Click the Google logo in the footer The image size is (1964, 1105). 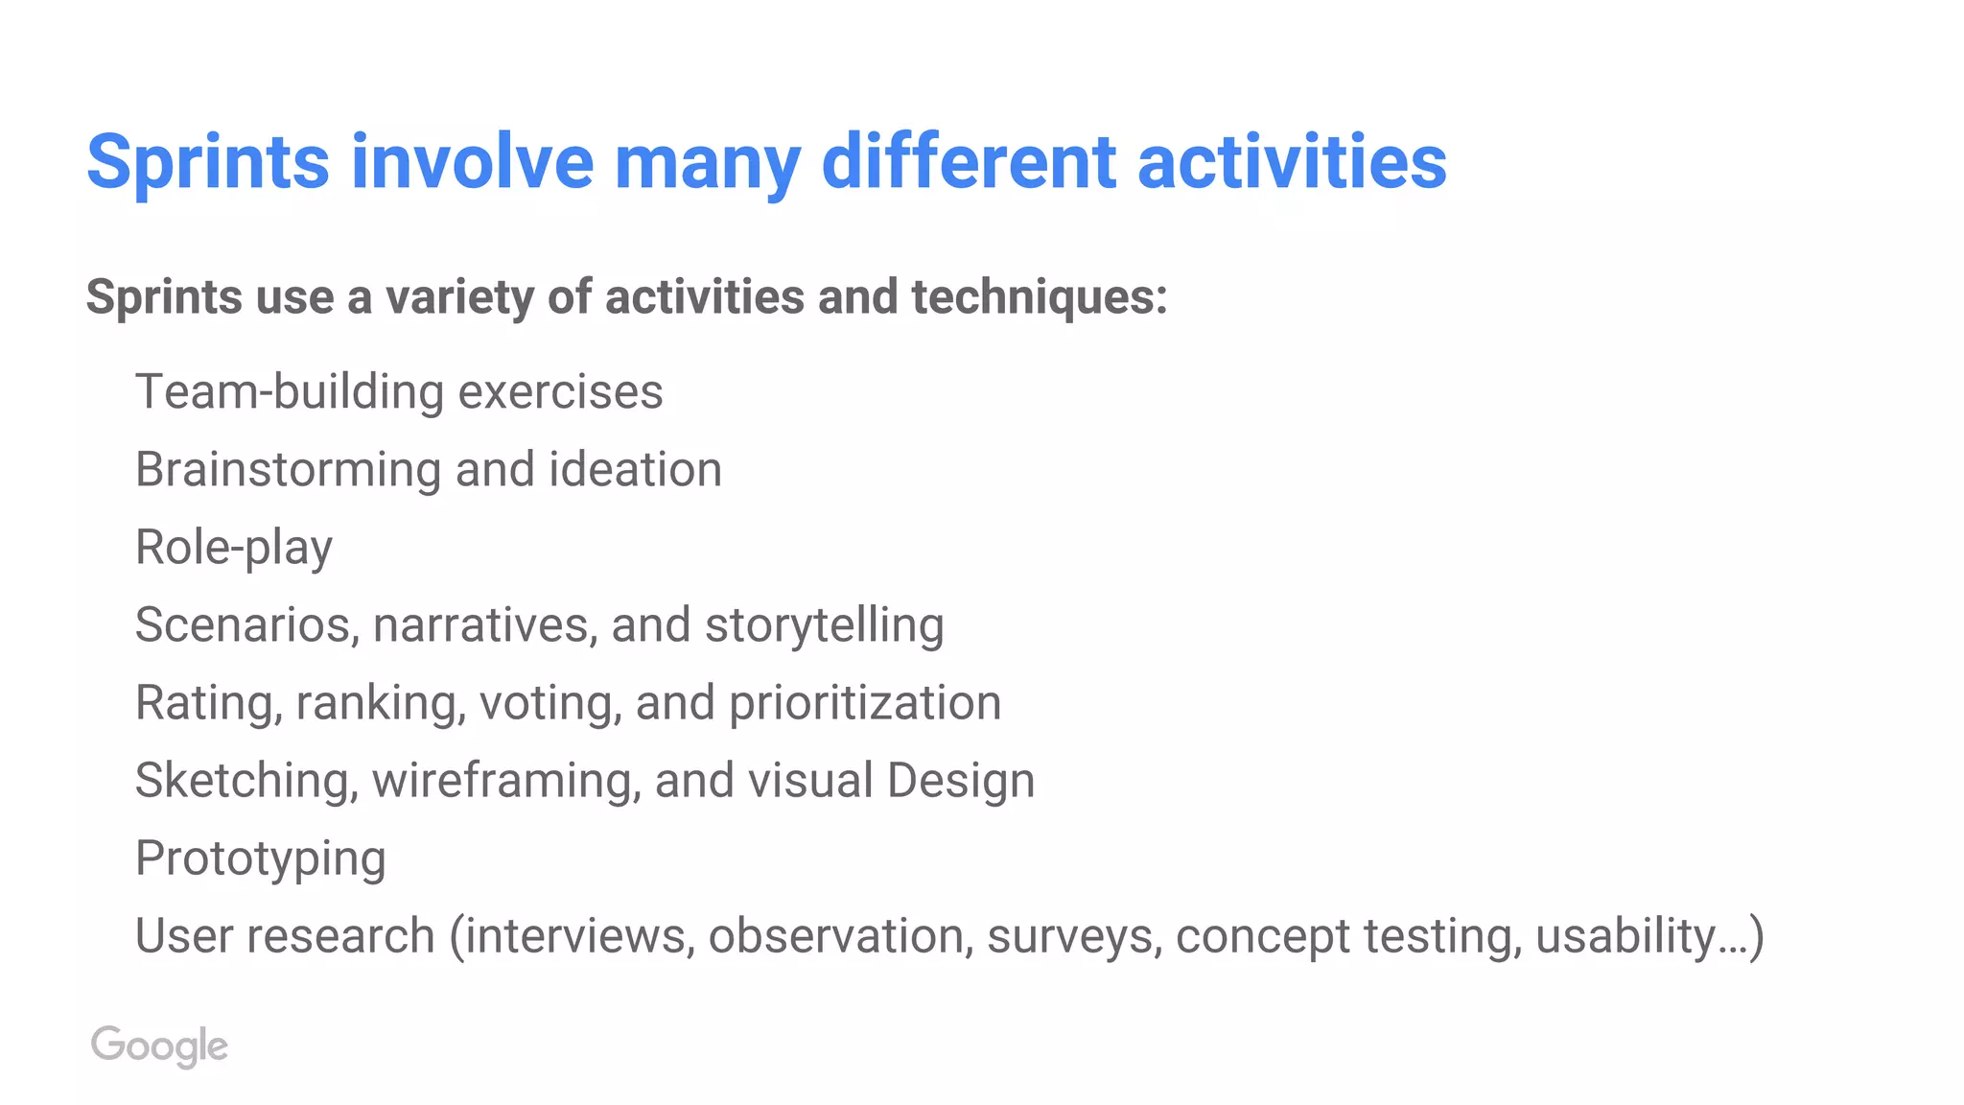coord(159,1046)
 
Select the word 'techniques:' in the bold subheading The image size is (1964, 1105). coord(1040,297)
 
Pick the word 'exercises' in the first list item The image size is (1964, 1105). coord(560,391)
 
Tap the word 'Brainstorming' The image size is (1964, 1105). coord(288,470)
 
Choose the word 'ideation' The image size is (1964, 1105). coord(635,470)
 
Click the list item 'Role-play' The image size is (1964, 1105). coord(234,548)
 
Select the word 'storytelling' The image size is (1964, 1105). coord(824,625)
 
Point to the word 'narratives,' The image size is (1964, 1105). coord(484,625)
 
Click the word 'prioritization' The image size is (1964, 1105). coord(865,703)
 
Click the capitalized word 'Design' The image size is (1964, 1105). coord(961,781)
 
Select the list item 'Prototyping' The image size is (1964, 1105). coord(260,858)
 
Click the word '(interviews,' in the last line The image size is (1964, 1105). coord(572,936)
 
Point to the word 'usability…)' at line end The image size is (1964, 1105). coord(1648,936)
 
